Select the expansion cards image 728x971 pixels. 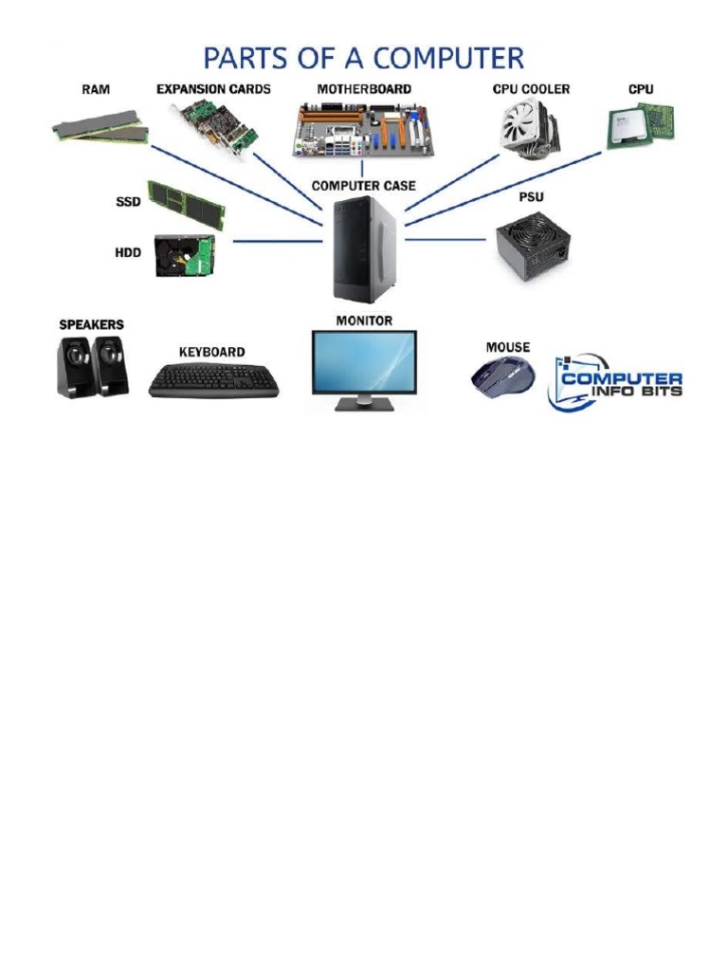(x=213, y=130)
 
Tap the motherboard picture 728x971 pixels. (x=362, y=131)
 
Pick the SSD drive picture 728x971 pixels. (x=186, y=204)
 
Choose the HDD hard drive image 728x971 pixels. (x=185, y=255)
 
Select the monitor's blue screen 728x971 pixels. (x=364, y=361)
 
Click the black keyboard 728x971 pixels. (x=214, y=381)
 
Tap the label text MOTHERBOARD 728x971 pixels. (x=364, y=89)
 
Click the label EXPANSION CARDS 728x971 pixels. (x=213, y=89)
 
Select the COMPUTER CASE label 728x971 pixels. (x=363, y=186)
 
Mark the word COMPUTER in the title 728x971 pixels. (x=443, y=59)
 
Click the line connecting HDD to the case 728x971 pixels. (x=277, y=241)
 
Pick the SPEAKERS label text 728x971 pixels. (x=92, y=324)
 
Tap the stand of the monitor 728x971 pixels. (x=364, y=403)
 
